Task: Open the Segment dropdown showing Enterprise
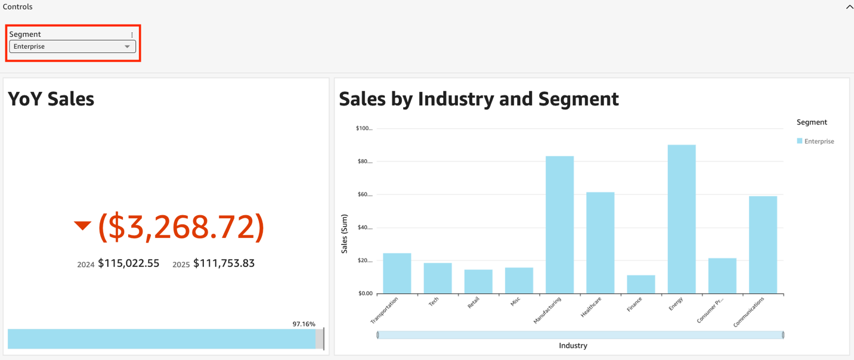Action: (x=72, y=46)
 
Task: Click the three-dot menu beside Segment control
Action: (x=132, y=35)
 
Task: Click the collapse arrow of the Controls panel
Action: (x=849, y=7)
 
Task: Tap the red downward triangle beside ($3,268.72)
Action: (x=82, y=225)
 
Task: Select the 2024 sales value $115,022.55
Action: (x=128, y=263)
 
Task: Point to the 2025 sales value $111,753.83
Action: (x=224, y=263)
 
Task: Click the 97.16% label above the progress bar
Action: (x=304, y=324)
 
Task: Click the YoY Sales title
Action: (x=51, y=99)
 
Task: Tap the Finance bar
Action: (x=640, y=284)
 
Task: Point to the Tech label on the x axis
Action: (x=434, y=302)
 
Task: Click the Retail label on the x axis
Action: (x=474, y=303)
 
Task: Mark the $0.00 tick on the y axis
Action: (x=364, y=293)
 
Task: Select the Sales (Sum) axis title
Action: (x=344, y=234)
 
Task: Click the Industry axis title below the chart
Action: (x=573, y=346)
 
